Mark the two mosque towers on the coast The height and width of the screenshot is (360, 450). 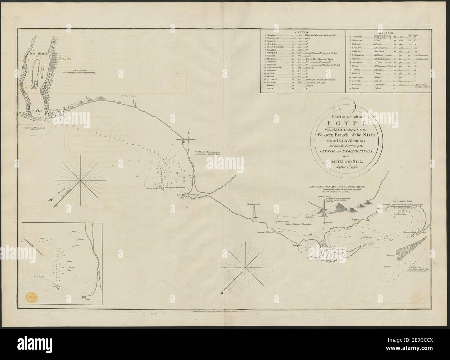point(133,100)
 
